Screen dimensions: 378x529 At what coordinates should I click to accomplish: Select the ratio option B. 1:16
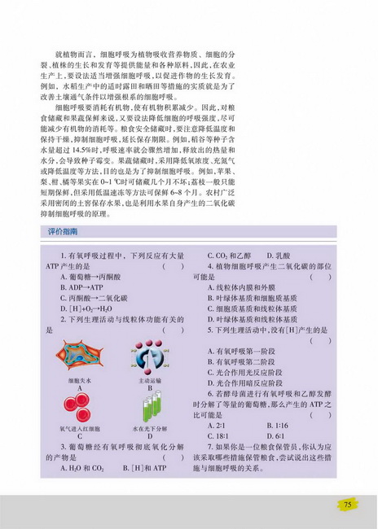(x=279, y=425)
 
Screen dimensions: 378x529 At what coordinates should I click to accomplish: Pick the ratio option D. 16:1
(x=279, y=435)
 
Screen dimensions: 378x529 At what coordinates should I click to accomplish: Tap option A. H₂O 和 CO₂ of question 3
(x=81, y=467)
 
